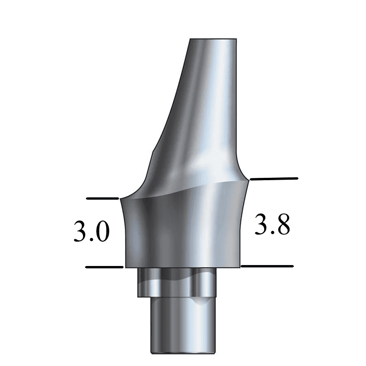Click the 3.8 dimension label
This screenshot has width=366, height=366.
pos(272,226)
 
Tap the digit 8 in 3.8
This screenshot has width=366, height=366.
pos(282,226)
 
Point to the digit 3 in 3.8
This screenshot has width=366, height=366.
pos(262,226)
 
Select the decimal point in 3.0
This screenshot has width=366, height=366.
pos(91,240)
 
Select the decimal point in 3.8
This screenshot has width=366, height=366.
pos(272,233)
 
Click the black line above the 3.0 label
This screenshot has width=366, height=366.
pos(103,198)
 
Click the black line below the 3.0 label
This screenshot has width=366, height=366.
pos(104,267)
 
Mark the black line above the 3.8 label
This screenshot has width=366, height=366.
pos(274,179)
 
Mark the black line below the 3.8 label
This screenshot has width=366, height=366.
pos(267,266)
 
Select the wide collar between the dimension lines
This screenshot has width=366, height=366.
pos(183,230)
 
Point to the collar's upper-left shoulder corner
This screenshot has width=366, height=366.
pos(122,199)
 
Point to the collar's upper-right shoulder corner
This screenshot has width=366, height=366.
pos(248,179)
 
